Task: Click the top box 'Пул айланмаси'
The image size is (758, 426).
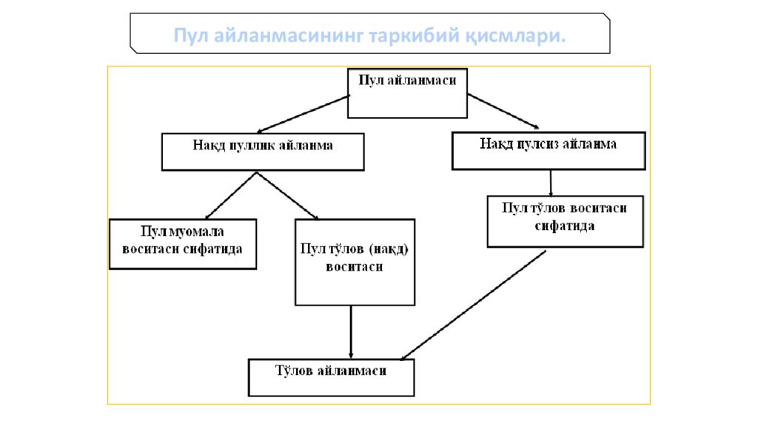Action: (408, 93)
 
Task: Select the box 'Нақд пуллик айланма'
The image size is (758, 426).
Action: (263, 152)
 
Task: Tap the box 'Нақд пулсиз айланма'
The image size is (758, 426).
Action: (549, 151)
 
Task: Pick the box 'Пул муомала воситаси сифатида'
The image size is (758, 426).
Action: (183, 244)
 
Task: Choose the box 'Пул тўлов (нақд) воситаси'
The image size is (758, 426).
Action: (355, 263)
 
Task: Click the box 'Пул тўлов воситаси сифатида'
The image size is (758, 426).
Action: (565, 222)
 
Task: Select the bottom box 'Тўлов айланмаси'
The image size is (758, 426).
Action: (331, 378)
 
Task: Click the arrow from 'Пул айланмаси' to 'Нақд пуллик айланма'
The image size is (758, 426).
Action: (303, 114)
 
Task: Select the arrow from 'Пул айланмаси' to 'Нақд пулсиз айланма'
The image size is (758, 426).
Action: (503, 111)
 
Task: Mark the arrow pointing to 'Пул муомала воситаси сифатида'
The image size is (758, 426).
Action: (231, 196)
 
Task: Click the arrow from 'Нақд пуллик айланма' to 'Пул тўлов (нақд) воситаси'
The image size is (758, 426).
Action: (288, 196)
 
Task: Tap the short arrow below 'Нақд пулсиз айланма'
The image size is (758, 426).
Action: (551, 183)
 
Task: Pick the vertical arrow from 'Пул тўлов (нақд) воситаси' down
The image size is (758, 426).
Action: (351, 332)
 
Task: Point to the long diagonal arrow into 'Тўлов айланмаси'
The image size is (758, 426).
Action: (473, 305)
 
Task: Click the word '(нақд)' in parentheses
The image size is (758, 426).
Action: (389, 249)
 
